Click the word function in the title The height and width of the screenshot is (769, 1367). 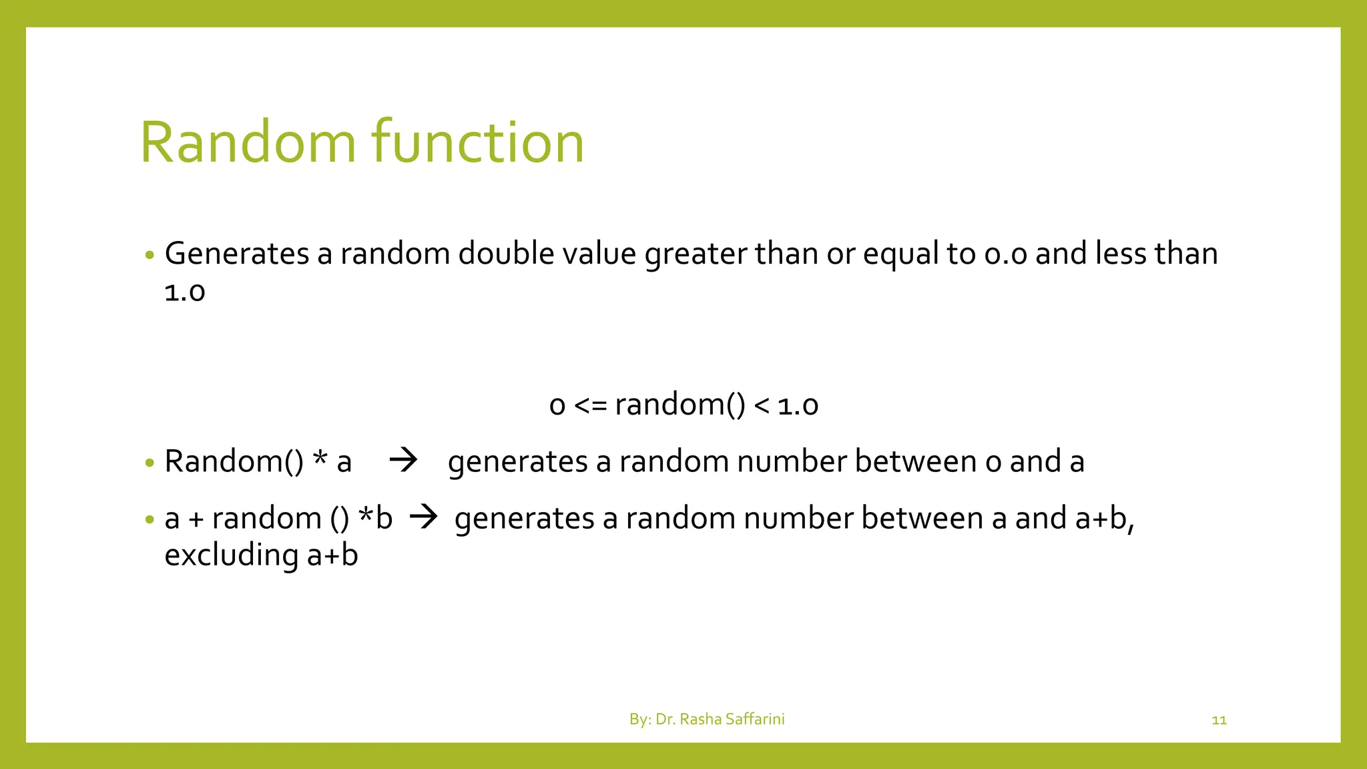477,142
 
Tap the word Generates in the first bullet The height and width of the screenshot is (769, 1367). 236,254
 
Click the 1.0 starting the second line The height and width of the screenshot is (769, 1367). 184,292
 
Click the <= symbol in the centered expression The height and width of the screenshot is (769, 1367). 590,405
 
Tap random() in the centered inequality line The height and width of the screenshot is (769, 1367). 679,405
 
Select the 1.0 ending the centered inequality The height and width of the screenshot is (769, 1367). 798,405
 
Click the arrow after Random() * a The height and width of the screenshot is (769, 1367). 403,460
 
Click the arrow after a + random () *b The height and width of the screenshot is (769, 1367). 423,517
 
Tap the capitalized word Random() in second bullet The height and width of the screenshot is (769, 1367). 234,462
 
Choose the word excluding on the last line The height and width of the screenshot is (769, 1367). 231,555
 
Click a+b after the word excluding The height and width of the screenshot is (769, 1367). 332,555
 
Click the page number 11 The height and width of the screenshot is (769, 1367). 1219,720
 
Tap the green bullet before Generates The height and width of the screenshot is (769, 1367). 150,255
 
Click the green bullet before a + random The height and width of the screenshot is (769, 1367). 150,519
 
